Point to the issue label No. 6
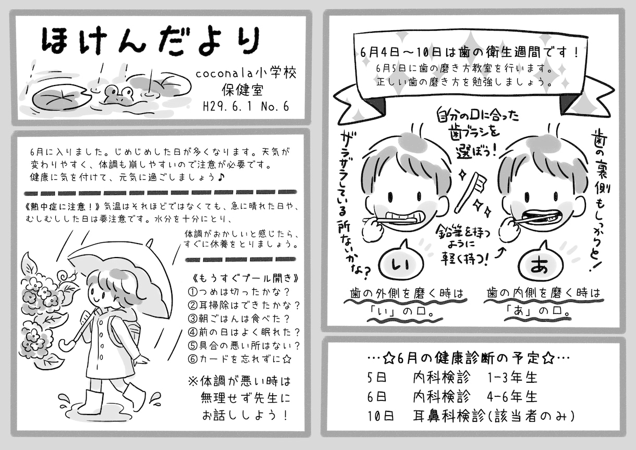coord(275,107)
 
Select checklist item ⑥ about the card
coord(240,359)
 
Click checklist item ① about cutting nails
coord(239,291)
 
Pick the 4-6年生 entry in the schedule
coord(512,397)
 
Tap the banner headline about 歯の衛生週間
coord(469,53)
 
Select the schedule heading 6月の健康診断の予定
coord(469,359)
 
